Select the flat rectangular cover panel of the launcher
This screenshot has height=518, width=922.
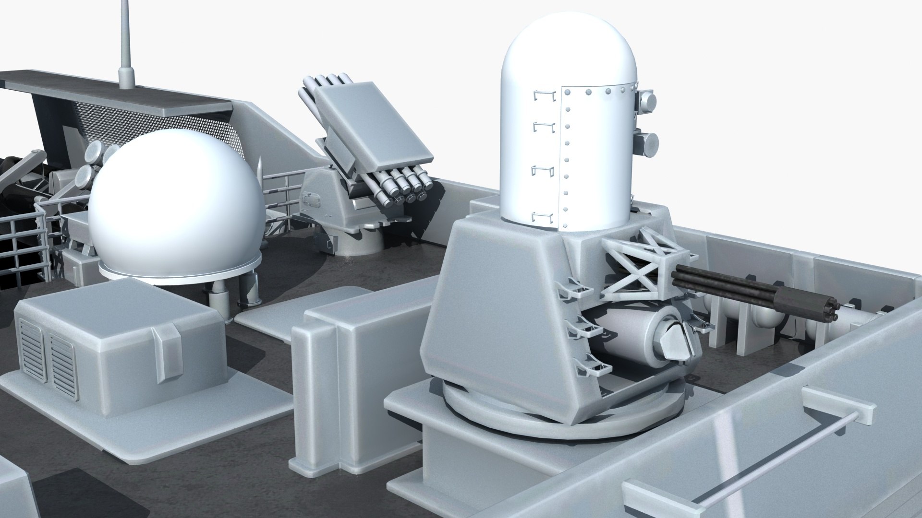[x=372, y=127]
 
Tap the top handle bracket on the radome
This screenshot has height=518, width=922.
[x=543, y=96]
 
